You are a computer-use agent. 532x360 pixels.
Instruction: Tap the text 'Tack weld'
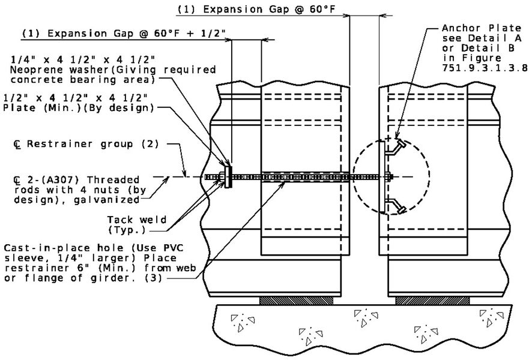click(137, 220)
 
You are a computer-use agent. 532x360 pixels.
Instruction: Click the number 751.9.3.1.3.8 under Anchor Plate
click(485, 68)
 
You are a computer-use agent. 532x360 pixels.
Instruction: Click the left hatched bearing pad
click(296, 301)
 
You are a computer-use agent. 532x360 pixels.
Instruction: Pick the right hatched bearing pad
click(432, 301)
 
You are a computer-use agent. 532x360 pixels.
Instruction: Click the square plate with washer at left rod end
click(228, 176)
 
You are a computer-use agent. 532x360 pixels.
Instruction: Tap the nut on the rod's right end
click(389, 176)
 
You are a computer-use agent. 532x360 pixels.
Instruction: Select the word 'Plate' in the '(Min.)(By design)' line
click(19, 108)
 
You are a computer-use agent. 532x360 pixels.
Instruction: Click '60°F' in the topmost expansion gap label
click(322, 10)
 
